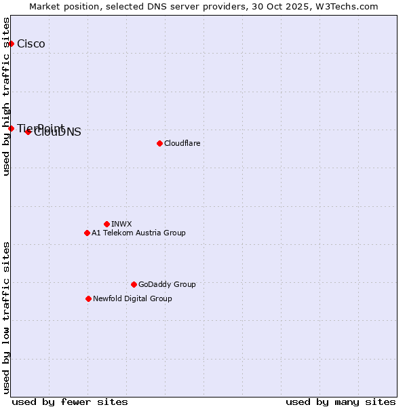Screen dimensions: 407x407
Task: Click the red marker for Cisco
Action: (11, 44)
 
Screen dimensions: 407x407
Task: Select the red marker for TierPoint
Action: (11, 128)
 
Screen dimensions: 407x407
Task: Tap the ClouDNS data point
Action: (28, 132)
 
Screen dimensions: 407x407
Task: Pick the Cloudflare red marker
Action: (159, 143)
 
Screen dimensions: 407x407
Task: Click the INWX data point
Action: (106, 224)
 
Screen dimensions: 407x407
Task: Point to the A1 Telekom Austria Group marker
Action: (87, 233)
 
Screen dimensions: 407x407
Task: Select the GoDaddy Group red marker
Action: (134, 284)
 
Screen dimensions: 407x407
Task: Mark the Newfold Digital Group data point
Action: (88, 298)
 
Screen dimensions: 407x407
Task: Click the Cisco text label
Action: (31, 44)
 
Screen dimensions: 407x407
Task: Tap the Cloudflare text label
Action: (182, 143)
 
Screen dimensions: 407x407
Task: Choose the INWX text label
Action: (121, 224)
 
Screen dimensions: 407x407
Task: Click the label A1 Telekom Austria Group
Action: (138, 233)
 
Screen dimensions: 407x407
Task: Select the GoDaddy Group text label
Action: (167, 284)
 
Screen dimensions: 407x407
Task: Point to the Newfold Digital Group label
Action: (132, 298)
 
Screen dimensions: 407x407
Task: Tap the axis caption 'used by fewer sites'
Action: (70, 402)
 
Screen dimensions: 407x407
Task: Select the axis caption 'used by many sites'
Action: (341, 402)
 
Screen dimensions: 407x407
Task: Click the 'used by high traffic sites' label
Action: (7, 96)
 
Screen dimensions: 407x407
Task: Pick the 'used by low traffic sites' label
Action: (7, 317)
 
